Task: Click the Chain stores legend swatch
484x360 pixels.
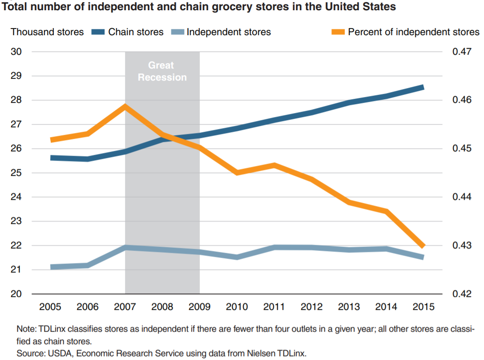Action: click(x=97, y=32)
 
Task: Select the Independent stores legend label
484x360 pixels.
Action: click(x=229, y=32)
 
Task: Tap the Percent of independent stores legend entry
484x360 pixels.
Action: click(x=414, y=32)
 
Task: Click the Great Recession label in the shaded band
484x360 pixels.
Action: click(x=162, y=71)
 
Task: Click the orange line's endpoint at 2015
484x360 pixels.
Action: click(x=423, y=246)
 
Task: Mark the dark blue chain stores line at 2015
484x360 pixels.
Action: click(x=423, y=87)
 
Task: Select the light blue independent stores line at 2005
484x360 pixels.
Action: click(x=52, y=267)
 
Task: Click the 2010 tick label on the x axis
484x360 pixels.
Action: click(x=236, y=307)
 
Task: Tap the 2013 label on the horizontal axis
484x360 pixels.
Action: click(x=348, y=307)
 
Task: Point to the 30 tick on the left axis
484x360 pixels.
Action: click(x=16, y=52)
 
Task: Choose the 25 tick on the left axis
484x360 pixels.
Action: click(x=16, y=173)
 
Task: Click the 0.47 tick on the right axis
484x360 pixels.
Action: click(x=461, y=52)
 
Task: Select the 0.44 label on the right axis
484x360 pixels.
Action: click(x=461, y=197)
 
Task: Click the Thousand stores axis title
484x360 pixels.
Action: click(x=47, y=32)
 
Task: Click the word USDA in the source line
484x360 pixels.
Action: click(x=56, y=353)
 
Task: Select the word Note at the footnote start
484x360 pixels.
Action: click(x=25, y=329)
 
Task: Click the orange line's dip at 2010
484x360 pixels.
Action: click(x=236, y=172)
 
